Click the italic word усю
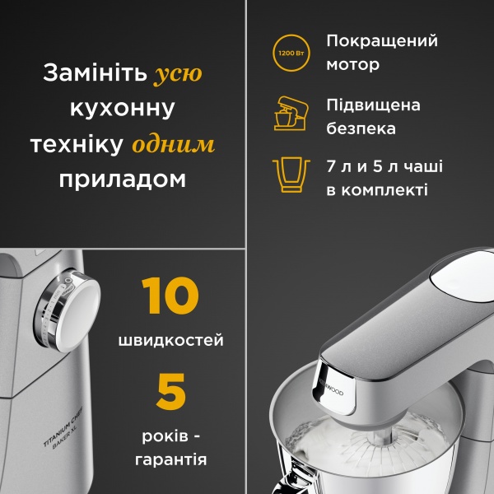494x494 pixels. click(x=178, y=74)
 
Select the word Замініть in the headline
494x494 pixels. click(x=94, y=74)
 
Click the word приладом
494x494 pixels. click(x=123, y=179)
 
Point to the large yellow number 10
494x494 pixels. click(x=170, y=297)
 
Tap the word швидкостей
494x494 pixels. click(x=170, y=340)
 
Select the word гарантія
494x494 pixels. click(x=170, y=459)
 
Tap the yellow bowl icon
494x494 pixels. click(x=291, y=173)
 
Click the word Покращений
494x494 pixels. click(x=382, y=41)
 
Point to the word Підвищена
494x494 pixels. click(x=373, y=105)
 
